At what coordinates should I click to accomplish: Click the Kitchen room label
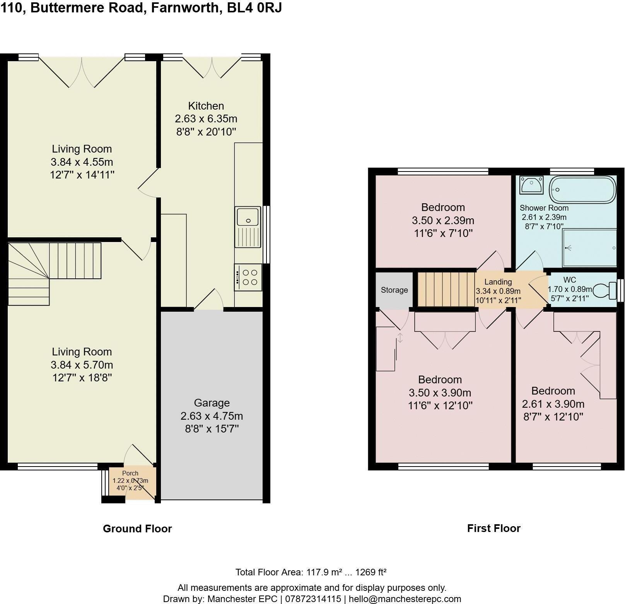(x=206, y=106)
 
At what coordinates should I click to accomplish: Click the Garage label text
(x=212, y=403)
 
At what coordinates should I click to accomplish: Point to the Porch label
(x=130, y=473)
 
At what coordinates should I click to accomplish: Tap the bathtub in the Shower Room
(x=582, y=190)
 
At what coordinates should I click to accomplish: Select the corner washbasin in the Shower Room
(x=531, y=184)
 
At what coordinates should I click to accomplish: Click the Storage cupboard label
(x=394, y=290)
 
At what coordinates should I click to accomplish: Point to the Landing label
(x=498, y=282)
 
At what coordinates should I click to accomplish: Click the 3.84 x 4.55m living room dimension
(x=82, y=162)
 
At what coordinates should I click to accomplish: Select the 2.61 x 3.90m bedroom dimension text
(x=553, y=404)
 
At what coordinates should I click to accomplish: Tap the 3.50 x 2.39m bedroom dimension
(x=443, y=220)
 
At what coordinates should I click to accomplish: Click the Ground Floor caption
(x=137, y=528)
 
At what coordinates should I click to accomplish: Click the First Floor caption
(x=494, y=528)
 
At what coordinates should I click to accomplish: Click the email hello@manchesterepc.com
(x=405, y=599)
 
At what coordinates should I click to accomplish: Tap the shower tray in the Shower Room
(x=589, y=248)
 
